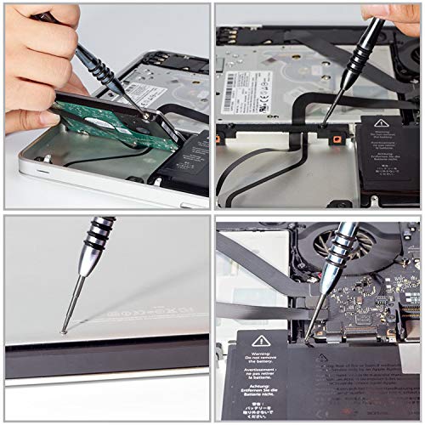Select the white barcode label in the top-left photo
pyautogui.click(x=167, y=92)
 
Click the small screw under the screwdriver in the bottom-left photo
pyautogui.click(x=65, y=330)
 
